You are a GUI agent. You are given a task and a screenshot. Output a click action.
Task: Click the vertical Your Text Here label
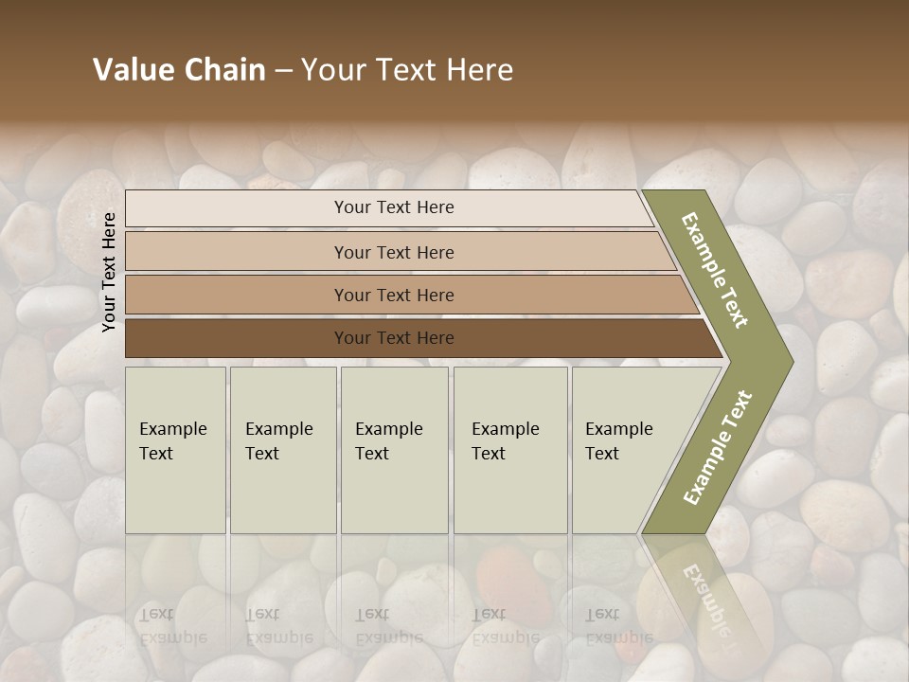(x=109, y=272)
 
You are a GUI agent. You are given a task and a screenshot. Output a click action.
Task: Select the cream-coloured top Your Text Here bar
(x=393, y=207)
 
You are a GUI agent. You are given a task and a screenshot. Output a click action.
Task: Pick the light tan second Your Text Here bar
(x=393, y=252)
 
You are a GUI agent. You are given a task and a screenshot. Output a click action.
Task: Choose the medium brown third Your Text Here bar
(x=393, y=295)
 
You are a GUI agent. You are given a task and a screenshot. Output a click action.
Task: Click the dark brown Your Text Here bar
(x=393, y=337)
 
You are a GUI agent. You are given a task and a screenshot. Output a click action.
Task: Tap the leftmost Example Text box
(x=175, y=450)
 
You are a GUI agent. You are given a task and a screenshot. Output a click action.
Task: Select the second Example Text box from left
(x=282, y=450)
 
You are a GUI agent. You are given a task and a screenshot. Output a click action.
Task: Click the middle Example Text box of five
(x=394, y=450)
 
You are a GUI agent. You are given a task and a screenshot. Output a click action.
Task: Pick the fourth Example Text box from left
(x=509, y=450)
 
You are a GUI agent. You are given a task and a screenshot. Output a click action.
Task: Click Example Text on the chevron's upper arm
(x=716, y=270)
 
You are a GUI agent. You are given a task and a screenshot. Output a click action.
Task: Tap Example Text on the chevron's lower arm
(x=718, y=448)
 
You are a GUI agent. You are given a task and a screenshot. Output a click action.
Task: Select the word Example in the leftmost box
(x=172, y=429)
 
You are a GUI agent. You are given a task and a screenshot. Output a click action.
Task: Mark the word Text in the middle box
(x=372, y=454)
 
